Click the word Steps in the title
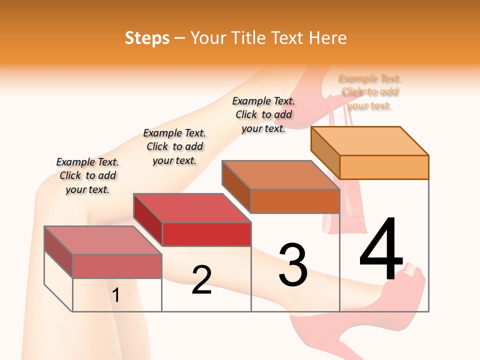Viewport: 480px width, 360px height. coord(147,38)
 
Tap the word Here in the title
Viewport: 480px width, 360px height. coord(328,38)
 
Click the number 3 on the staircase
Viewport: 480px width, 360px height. coord(293,265)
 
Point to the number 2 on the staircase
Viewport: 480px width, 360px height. coord(201,280)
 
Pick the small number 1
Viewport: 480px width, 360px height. coord(116,295)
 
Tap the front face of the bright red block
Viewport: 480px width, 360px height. coord(206,234)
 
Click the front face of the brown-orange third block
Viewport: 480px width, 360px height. coord(295,201)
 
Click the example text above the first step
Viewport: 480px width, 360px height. coord(87,175)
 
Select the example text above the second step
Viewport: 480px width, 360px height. coord(174,146)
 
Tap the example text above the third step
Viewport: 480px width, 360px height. coord(263,114)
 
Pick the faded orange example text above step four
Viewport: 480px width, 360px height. coord(370,92)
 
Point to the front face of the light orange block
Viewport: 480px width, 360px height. coord(384,167)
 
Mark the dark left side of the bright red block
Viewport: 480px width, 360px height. coord(148,220)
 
